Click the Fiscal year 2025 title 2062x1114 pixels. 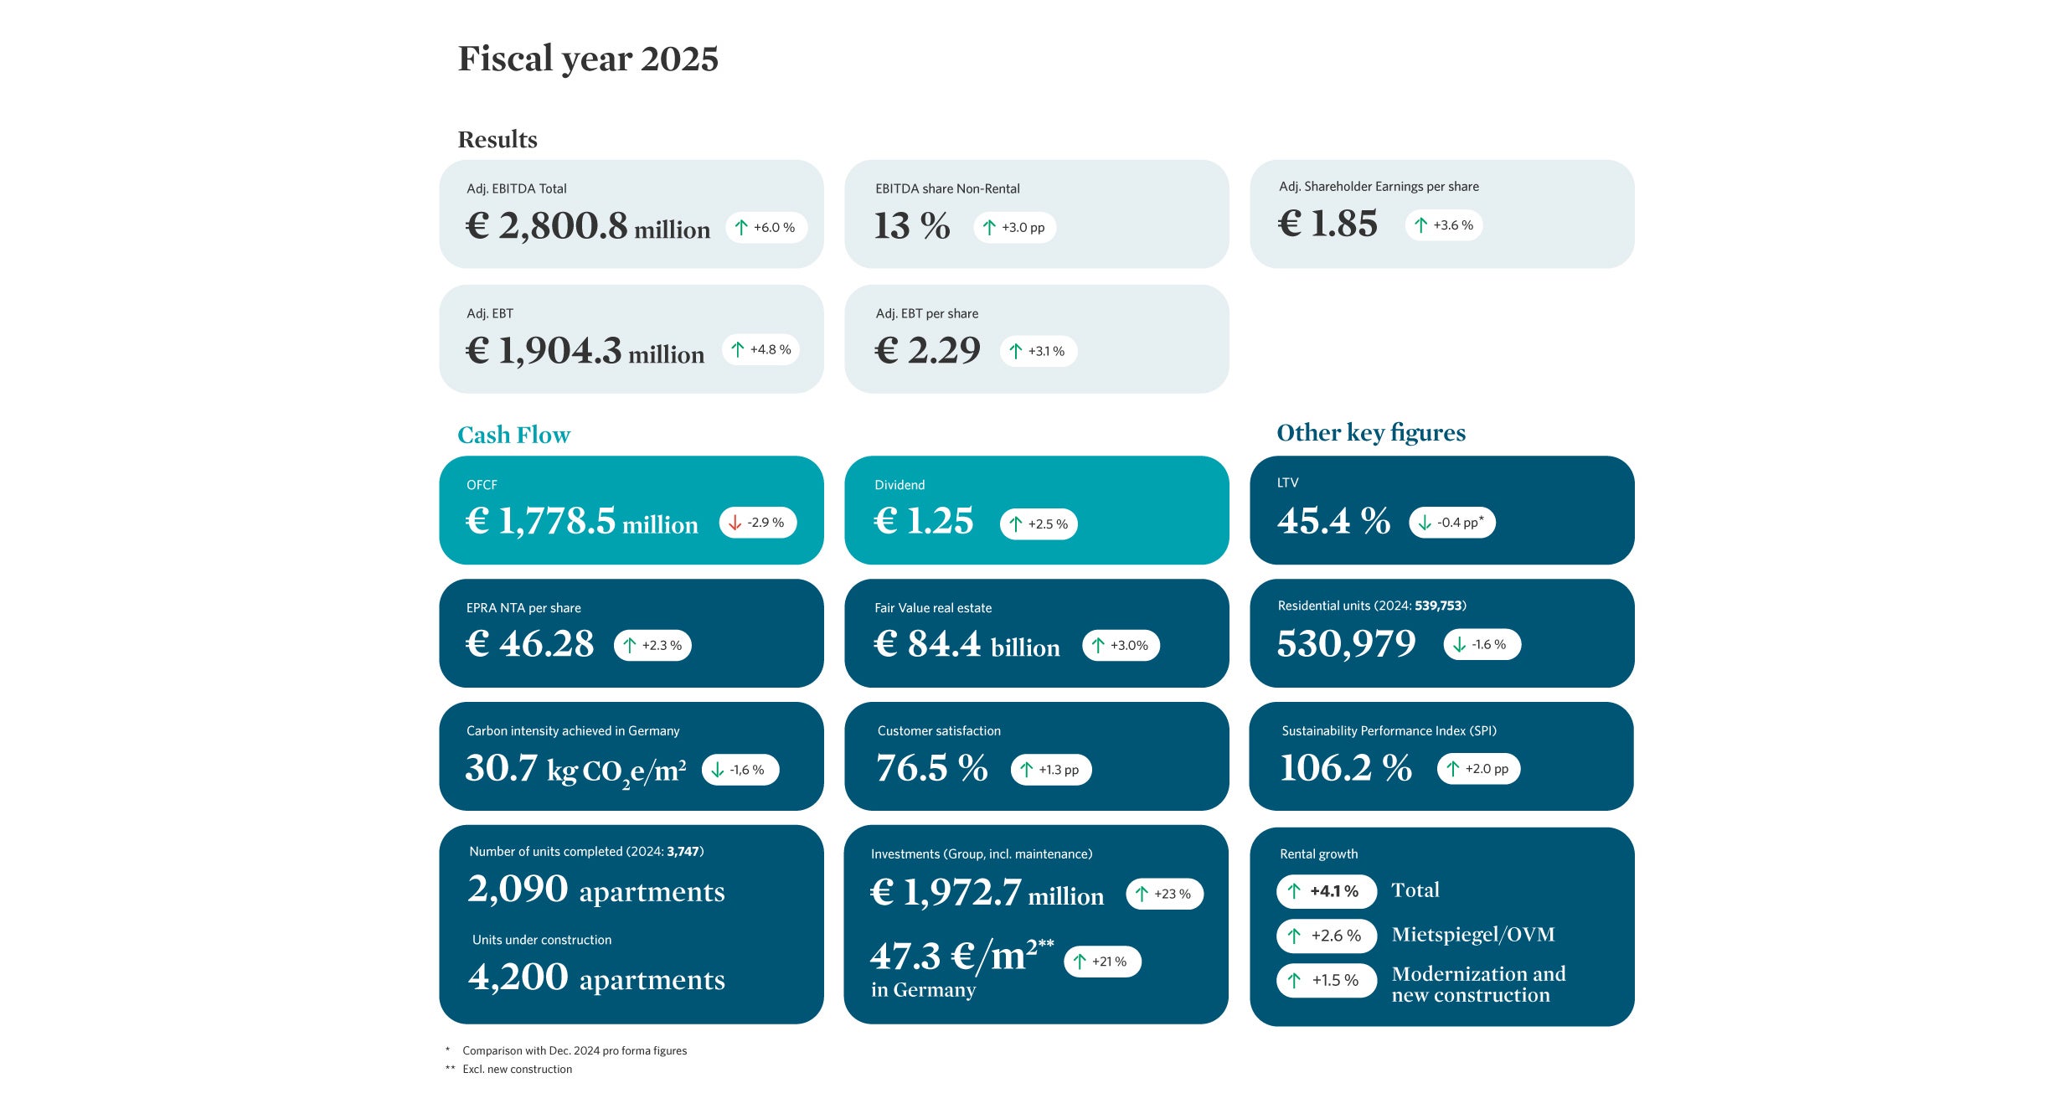(x=587, y=59)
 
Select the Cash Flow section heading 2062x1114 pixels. (x=513, y=436)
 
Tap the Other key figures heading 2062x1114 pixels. (x=1370, y=433)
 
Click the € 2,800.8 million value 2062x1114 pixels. (x=587, y=226)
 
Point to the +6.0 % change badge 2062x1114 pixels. (x=766, y=228)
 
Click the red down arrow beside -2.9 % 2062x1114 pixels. (x=735, y=523)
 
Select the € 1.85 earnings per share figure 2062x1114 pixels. (x=1327, y=224)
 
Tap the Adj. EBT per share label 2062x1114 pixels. (x=926, y=314)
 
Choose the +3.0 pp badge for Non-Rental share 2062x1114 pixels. (x=1014, y=228)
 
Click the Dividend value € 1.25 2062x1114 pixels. (x=923, y=521)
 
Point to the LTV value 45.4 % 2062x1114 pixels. (x=1333, y=521)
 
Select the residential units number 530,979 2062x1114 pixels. (x=1346, y=644)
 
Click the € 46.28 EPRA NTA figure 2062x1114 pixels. (x=529, y=644)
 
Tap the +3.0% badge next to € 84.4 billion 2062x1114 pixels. (x=1121, y=646)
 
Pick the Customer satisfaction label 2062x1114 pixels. (x=938, y=731)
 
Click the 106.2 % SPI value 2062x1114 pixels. (x=1346, y=768)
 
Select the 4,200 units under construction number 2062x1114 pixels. (x=518, y=977)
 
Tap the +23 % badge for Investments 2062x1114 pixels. (x=1164, y=895)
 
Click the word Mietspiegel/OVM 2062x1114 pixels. (x=1472, y=935)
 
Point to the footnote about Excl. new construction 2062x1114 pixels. (x=517, y=1070)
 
